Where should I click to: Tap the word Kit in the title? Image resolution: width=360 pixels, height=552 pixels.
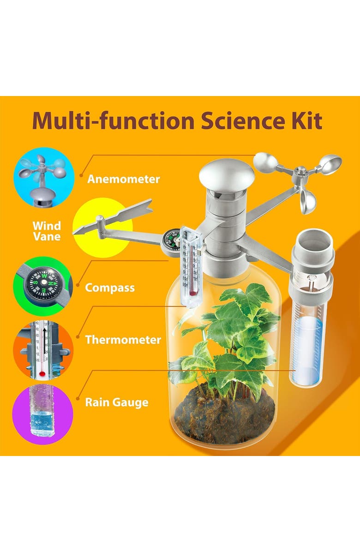coord(306,120)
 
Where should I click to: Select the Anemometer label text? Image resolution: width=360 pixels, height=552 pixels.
coord(123,179)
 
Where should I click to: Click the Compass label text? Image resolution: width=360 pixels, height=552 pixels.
coord(110,288)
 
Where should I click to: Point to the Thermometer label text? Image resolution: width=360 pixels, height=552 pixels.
coord(123,340)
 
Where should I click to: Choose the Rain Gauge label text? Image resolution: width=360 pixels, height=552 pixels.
coord(116,402)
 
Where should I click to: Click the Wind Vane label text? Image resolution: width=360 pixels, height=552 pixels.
coord(46,231)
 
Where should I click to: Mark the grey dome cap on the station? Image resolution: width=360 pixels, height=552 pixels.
coord(226,173)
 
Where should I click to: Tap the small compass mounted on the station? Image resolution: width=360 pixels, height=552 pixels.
coord(171,238)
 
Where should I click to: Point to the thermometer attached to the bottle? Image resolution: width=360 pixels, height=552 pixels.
coord(191,268)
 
